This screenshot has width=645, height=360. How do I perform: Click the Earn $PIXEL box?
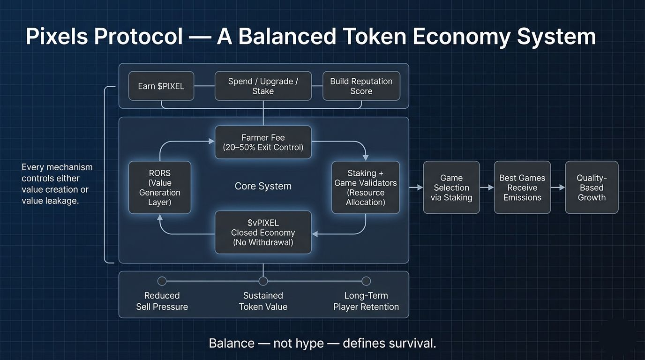click(x=161, y=86)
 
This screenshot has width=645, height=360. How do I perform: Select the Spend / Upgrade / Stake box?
click(x=263, y=86)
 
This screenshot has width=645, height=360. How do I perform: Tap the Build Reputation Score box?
click(x=361, y=86)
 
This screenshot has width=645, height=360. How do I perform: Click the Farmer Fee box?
click(x=263, y=142)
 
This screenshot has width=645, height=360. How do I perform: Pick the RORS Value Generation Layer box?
click(x=160, y=187)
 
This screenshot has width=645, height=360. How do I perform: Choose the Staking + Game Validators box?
click(x=366, y=187)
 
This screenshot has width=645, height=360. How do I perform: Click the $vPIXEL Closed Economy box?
click(x=263, y=232)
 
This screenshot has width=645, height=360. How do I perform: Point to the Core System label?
click(x=263, y=186)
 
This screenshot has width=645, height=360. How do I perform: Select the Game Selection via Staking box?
click(x=451, y=187)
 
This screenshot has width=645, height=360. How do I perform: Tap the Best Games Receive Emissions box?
click(x=522, y=187)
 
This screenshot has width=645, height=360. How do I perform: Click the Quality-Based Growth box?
click(x=592, y=187)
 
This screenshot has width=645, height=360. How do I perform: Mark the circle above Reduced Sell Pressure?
click(x=162, y=281)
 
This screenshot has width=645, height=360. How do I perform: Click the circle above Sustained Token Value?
click(x=263, y=281)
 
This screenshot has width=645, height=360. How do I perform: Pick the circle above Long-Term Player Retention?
click(x=366, y=281)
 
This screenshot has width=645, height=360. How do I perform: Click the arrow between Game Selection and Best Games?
click(x=487, y=187)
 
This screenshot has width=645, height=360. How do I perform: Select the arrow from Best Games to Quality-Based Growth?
click(x=557, y=187)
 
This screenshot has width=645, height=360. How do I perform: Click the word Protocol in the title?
click(x=138, y=37)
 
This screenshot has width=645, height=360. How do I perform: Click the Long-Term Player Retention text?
click(x=366, y=301)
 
